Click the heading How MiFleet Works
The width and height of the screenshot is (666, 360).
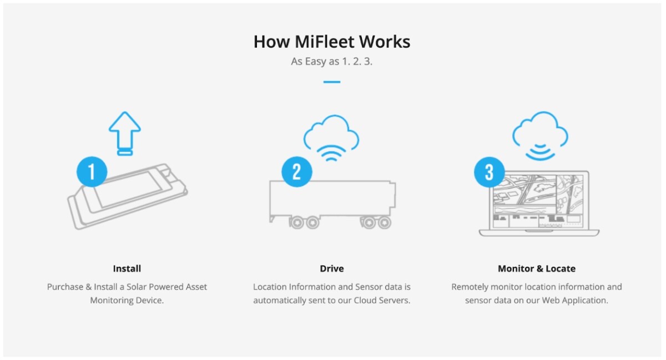(x=332, y=42)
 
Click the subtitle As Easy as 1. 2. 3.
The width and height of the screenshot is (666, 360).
(x=332, y=61)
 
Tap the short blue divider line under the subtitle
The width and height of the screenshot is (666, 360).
(x=332, y=82)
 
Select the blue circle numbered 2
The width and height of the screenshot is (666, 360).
(x=296, y=171)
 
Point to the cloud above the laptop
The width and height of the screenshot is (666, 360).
(x=540, y=130)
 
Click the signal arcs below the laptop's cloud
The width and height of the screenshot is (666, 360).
(x=540, y=153)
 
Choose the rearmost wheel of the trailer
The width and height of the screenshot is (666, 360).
(x=384, y=222)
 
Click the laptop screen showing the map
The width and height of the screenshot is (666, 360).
(x=538, y=200)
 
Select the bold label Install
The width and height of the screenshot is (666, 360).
(x=127, y=268)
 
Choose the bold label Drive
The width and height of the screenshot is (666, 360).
(x=332, y=268)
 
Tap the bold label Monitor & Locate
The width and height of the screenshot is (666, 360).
(x=537, y=268)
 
